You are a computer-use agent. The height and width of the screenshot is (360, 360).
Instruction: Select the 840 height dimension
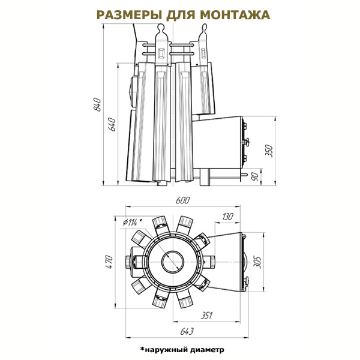coord(98,104)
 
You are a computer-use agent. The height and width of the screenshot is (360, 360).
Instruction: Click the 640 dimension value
coord(113,124)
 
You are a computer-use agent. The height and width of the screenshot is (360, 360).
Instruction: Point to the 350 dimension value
coord(269,151)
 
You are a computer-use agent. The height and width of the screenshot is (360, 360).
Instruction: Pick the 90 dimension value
coord(256,176)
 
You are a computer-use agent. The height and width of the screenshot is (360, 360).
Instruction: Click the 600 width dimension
coord(183,200)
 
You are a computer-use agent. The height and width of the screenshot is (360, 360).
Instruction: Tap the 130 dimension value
coord(227,216)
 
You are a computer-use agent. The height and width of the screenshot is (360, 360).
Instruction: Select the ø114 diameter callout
coord(132,222)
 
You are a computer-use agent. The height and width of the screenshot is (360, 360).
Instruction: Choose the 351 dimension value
coord(206,316)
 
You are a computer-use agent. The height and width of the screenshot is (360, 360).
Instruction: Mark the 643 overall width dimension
coord(187,331)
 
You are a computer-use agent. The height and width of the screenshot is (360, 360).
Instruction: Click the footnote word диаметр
coord(207,350)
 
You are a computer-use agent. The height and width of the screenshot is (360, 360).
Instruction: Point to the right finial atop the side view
coord(203,28)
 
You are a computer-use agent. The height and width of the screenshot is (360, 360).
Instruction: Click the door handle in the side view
coord(246,142)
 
